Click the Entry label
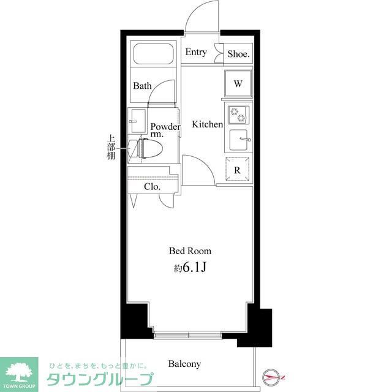(196, 53)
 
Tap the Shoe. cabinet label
(238, 54)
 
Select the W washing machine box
(238, 83)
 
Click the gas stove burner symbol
(237, 115)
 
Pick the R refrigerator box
(238, 171)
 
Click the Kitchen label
(208, 124)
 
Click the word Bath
(143, 86)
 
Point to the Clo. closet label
(153, 187)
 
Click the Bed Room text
(190, 251)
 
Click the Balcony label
(184, 364)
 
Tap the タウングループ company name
(100, 380)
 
